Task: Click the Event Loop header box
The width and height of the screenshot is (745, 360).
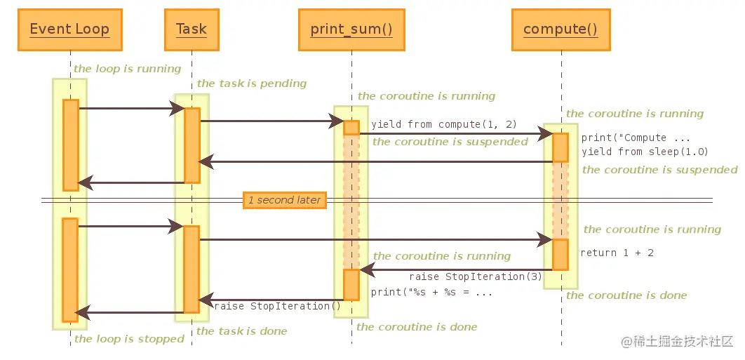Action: [x=70, y=29]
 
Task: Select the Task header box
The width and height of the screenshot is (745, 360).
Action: [x=192, y=29]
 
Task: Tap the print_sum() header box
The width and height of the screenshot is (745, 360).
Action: [x=351, y=29]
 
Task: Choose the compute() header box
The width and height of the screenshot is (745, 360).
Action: [x=561, y=29]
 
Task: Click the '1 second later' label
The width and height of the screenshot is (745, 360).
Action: [x=285, y=200]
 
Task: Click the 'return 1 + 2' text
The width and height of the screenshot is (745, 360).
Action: [x=617, y=253]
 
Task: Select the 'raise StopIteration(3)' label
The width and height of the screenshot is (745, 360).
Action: [x=476, y=276]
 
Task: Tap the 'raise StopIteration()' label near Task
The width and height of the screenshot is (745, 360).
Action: [x=278, y=306]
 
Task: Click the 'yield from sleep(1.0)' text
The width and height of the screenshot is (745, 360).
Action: [x=645, y=152]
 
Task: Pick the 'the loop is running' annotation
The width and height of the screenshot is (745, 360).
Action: [x=128, y=69]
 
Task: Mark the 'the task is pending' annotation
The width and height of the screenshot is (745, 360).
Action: [x=252, y=84]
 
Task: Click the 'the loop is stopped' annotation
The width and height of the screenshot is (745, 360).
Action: [x=129, y=339]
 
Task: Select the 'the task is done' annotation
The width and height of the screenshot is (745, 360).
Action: [x=242, y=331]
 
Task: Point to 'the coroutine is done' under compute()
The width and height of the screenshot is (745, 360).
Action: [x=626, y=296]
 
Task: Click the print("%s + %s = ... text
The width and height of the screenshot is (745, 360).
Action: [x=431, y=292]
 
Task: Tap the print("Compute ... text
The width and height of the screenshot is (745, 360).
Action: [x=636, y=138]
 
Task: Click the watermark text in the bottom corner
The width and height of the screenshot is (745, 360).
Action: [x=678, y=342]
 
